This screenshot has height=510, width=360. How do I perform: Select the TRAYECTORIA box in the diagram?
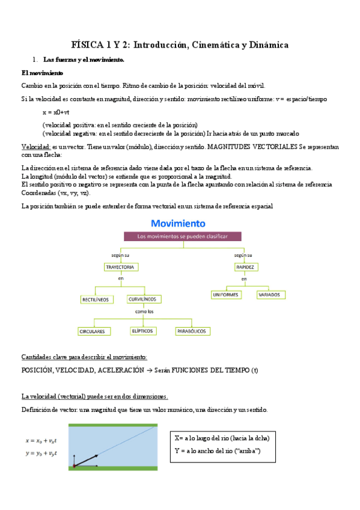click(x=120, y=266)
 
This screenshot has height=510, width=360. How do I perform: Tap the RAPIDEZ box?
click(x=244, y=266)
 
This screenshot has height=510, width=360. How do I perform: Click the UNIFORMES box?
click(x=225, y=295)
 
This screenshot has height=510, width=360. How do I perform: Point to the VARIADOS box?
click(x=268, y=295)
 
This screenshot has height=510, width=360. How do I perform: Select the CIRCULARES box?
click(x=92, y=331)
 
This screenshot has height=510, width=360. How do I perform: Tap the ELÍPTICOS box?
click(x=143, y=331)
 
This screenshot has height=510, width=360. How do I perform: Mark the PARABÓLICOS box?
click(x=192, y=331)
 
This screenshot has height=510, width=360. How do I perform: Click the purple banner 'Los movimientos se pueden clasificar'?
click(x=183, y=237)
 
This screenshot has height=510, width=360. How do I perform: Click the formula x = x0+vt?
click(x=56, y=112)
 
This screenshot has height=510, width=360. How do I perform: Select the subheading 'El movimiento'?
click(x=38, y=72)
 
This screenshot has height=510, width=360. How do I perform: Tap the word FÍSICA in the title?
click(x=87, y=45)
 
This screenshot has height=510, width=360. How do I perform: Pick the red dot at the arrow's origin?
click(x=74, y=465)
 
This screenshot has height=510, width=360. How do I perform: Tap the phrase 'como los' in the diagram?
click(x=145, y=312)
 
